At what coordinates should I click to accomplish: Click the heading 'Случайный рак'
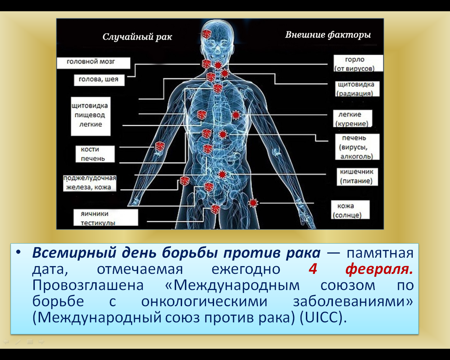tap(137, 37)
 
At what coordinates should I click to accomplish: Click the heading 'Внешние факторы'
tap(328, 35)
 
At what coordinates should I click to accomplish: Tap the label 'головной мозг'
tap(94, 63)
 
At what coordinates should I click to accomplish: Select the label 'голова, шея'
tap(99, 80)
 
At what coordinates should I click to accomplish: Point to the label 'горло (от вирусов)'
tap(358, 63)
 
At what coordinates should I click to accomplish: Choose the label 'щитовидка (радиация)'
tap(358, 89)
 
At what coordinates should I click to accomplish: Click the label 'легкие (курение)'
tap(353, 118)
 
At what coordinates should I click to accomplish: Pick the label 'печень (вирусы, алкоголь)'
tap(357, 147)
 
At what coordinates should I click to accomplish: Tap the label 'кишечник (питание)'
tap(357, 176)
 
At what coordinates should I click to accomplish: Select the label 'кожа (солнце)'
tap(350, 210)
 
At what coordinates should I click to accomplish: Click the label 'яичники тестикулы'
tap(105, 218)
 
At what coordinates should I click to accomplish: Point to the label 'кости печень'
tap(95, 154)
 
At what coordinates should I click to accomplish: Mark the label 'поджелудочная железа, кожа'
tap(90, 182)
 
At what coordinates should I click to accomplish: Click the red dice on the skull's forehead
tap(207, 34)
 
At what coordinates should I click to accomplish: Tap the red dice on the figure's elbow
tap(160, 146)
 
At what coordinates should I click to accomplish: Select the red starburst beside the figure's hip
tap(253, 203)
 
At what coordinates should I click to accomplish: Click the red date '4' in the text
tap(313, 269)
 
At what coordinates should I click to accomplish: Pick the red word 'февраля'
tap(379, 269)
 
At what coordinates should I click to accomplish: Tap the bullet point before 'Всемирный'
tap(18, 252)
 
